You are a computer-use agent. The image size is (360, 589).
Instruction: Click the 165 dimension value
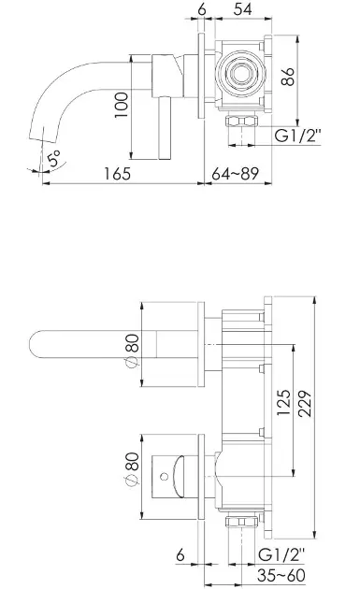coord(117,174)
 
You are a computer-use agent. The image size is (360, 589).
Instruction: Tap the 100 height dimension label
coord(122,105)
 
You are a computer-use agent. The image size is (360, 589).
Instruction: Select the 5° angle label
coord(53,158)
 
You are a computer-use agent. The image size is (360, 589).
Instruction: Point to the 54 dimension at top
coord(242,9)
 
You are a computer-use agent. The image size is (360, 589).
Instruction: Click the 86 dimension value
coord(288,77)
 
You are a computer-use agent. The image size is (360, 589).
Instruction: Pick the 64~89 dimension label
coord(235,174)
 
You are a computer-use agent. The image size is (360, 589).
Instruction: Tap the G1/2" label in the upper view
coord(298,136)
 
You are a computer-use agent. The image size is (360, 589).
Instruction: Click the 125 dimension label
coord(283,402)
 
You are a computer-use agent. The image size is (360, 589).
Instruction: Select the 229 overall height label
coord(305,404)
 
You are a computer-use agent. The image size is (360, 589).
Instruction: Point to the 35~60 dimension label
coord(281,575)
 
